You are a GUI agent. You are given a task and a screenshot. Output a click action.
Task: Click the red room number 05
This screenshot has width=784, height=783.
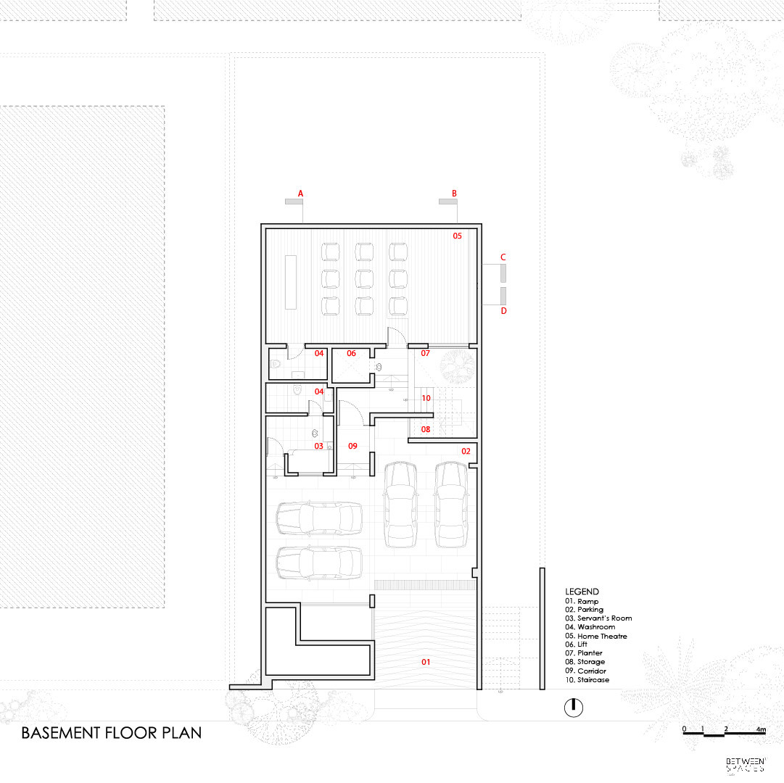[458, 236]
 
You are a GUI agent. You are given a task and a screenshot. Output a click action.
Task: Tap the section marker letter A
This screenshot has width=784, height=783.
[300, 194]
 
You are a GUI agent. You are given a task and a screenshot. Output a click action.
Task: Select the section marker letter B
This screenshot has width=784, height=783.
[455, 194]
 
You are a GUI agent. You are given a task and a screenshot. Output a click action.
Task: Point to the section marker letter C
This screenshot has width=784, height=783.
[503, 257]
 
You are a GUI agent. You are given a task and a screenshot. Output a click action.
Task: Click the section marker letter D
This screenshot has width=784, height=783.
[503, 311]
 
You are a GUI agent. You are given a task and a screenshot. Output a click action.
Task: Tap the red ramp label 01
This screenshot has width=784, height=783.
[426, 662]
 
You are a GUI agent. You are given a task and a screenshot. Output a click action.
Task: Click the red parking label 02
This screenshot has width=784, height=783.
[466, 451]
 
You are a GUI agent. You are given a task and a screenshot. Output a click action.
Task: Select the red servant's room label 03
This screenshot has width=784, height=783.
[318, 446]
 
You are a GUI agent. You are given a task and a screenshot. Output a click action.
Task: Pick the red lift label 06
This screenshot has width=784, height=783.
[351, 354]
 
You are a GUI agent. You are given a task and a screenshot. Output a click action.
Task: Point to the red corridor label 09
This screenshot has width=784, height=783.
[353, 446]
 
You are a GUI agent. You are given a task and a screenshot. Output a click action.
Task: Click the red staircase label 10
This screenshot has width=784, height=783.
[426, 398]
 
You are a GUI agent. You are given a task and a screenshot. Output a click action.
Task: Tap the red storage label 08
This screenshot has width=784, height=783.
[426, 429]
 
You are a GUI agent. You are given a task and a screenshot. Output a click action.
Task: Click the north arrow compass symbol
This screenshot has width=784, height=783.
[573, 707]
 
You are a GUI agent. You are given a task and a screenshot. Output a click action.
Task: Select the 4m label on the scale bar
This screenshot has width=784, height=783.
[760, 728]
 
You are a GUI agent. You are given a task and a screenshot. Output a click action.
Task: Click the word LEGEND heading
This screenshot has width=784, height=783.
[582, 592]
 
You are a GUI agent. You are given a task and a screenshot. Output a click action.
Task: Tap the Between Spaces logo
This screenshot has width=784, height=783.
[744, 764]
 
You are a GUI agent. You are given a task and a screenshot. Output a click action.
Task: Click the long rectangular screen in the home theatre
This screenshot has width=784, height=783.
[292, 282]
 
